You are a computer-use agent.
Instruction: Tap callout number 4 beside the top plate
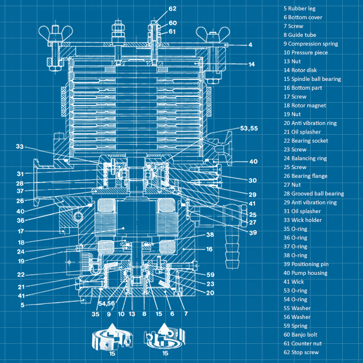[x=250, y=45]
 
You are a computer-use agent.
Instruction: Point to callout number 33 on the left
[x=20, y=147]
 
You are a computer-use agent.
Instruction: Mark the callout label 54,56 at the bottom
[x=106, y=303]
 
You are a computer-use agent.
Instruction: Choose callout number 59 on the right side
[x=211, y=275]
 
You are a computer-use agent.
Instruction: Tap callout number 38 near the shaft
[x=210, y=234]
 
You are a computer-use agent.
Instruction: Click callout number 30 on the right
[x=253, y=180]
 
